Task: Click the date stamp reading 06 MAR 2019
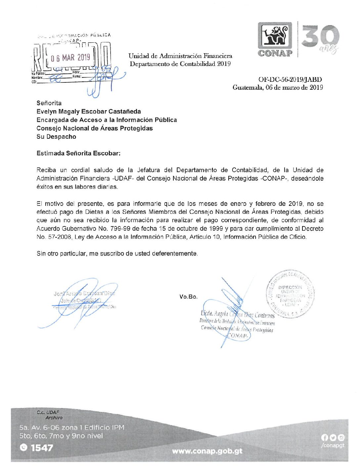[70, 58]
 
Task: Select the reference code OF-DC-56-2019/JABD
[290, 79]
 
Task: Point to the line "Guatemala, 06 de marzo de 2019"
[278, 88]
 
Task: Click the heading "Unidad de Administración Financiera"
[180, 56]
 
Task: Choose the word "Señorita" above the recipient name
[49, 103]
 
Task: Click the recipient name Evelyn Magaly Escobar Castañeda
[89, 112]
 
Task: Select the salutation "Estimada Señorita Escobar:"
[78, 153]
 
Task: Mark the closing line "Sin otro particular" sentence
[117, 254]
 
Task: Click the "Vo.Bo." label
[188, 297]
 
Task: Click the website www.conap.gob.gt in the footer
[207, 451]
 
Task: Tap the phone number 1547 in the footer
[42, 448]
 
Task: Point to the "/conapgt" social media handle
[333, 445]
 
